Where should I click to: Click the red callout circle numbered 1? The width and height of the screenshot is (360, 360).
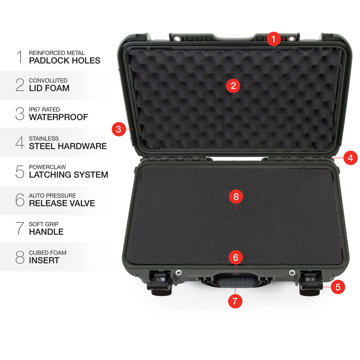point(273,39)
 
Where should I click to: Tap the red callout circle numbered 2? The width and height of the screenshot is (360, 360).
point(233,86)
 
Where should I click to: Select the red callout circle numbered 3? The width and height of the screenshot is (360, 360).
point(118,129)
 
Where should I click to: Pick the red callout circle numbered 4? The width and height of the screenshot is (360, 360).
point(350,158)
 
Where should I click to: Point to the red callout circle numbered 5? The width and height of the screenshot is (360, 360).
point(338,287)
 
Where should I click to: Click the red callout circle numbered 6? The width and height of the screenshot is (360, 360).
point(235,257)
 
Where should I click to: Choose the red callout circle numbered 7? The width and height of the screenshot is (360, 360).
point(235,301)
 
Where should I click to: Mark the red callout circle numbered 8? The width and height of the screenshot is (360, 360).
point(236,196)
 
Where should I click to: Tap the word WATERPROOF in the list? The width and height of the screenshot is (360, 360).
point(58,117)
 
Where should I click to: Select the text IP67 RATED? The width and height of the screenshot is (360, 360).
point(44,109)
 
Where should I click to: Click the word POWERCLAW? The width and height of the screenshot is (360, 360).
point(47,167)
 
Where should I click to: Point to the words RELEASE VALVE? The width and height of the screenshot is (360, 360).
point(62,203)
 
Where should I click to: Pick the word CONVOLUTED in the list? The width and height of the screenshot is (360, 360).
point(48,80)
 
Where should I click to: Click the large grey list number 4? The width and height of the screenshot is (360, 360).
point(20,142)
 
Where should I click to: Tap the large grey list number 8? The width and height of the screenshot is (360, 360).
point(20,257)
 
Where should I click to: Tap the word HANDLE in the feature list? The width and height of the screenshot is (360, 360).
point(46,232)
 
